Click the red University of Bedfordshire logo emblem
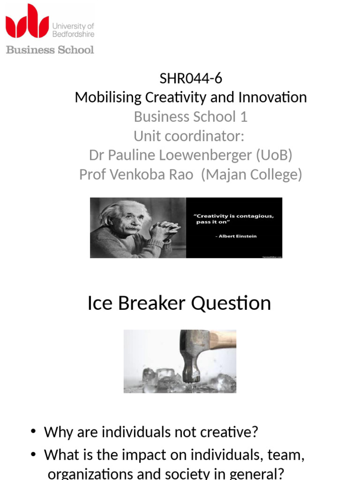click(27, 22)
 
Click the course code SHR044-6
click(191, 78)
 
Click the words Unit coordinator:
click(189, 136)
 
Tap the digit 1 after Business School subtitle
click(244, 117)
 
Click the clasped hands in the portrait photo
click(164, 230)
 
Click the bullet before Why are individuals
click(34, 432)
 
